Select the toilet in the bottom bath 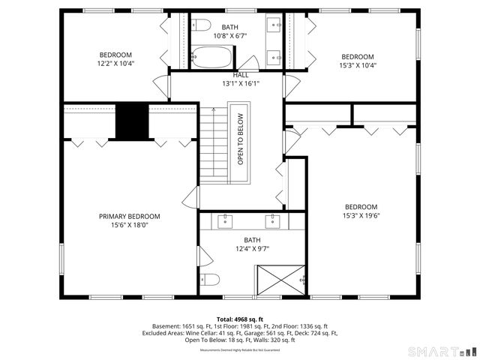[210, 280]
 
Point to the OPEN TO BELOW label [241, 139]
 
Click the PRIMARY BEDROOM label [130, 216]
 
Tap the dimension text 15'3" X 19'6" [361, 216]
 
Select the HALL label [240, 75]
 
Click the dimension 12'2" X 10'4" [116, 64]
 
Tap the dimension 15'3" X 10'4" [358, 66]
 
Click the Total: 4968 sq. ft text [240, 319]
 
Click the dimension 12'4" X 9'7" [252, 249]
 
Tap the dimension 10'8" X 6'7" [230, 36]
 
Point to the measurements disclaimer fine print [240, 349]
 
